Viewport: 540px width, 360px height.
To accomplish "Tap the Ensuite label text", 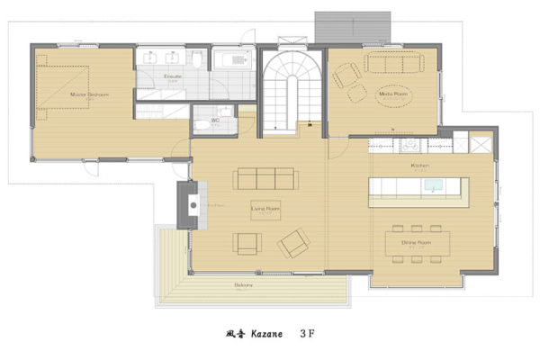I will coord(174,77).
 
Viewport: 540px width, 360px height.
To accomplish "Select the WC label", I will coord(215,119).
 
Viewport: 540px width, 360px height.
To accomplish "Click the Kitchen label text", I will coord(419,166).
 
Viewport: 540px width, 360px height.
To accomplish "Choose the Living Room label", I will coord(265,207).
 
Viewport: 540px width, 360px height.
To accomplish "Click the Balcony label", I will coord(243,285).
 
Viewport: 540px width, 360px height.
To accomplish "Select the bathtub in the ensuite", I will coord(230,59).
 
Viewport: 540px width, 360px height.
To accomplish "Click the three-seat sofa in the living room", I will coord(265,177).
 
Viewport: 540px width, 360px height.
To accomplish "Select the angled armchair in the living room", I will coord(292,243).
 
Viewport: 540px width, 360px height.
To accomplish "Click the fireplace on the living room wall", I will coord(191,205).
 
